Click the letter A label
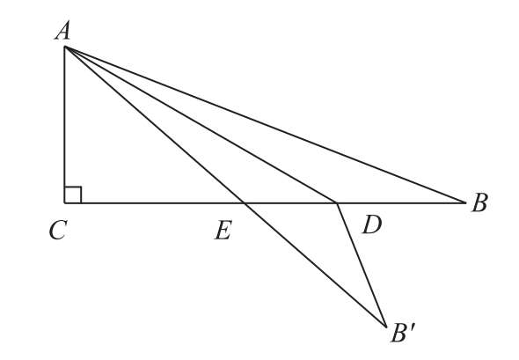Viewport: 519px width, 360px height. (x=62, y=31)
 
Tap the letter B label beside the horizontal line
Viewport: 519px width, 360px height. (x=479, y=202)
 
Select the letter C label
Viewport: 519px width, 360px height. (x=59, y=230)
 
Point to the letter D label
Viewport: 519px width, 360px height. (x=372, y=224)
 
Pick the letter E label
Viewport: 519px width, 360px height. (x=223, y=230)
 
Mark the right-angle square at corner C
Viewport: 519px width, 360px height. (x=73, y=195)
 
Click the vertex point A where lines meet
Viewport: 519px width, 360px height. (x=64, y=47)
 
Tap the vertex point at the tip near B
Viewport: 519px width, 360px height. (x=465, y=202)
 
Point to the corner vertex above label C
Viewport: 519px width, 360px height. (x=64, y=202)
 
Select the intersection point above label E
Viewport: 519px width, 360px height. (x=245, y=202)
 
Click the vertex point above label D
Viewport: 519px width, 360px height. (x=337, y=202)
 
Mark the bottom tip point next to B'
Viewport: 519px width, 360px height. (x=386, y=327)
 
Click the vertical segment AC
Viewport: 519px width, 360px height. (x=64, y=124)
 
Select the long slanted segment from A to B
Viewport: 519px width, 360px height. (x=265, y=124)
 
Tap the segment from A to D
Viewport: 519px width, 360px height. (x=201, y=124)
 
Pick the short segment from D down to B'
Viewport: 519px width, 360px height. (x=362, y=265)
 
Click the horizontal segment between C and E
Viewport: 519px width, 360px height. (x=154, y=202)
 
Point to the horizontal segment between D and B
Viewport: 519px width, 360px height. (x=401, y=202)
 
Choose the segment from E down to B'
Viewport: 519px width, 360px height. (x=315, y=265)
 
